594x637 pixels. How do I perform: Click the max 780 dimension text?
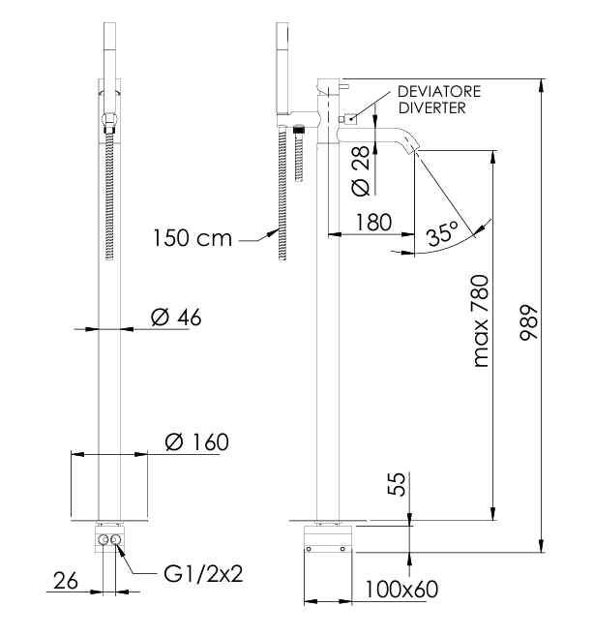pyautogui.click(x=481, y=321)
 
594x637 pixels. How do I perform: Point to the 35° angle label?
pyautogui.click(x=441, y=233)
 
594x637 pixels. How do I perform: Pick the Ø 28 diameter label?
pyautogui.click(x=357, y=168)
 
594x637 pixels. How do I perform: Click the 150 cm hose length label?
pyautogui.click(x=191, y=237)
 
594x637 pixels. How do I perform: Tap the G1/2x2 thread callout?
pyautogui.click(x=200, y=573)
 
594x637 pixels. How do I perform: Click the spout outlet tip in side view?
pyautogui.click(x=414, y=147)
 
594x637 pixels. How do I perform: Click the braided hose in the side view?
pyautogui.click(x=282, y=194)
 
